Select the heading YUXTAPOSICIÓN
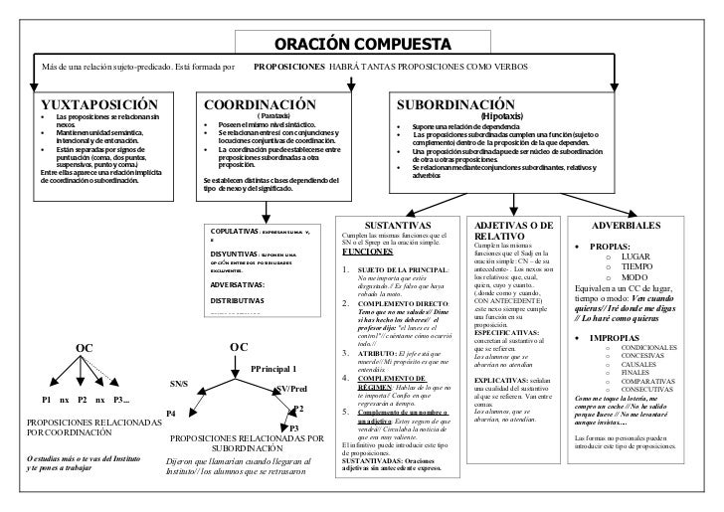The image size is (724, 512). click(x=98, y=104)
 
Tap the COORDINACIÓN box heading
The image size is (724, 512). click(x=260, y=104)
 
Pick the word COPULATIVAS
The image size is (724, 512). click(x=236, y=229)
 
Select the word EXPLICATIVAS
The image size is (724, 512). click(x=501, y=380)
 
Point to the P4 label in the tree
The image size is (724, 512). click(x=171, y=412)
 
